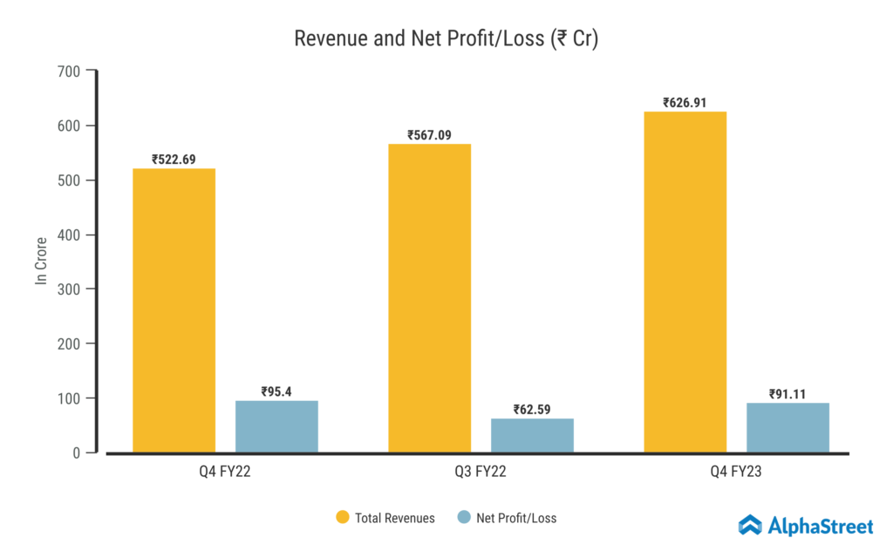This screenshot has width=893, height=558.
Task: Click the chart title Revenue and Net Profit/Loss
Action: click(x=446, y=39)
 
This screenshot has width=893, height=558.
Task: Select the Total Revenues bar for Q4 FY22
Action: click(x=174, y=310)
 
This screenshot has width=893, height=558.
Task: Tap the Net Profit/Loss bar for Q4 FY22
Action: click(x=276, y=426)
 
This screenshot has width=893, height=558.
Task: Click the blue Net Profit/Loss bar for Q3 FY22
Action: click(x=532, y=435)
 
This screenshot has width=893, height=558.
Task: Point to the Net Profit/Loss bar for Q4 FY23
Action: click(x=787, y=427)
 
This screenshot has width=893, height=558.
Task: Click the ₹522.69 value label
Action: click(x=174, y=160)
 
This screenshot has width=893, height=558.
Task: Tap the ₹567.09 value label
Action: click(x=429, y=135)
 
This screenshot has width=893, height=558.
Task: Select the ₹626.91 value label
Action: click(x=685, y=102)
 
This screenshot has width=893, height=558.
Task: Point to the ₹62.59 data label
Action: click(x=532, y=410)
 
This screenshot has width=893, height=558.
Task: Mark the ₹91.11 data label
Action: click(x=787, y=394)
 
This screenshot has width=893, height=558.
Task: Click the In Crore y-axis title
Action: click(x=41, y=262)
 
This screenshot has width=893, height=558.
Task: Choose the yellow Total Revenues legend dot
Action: click(x=343, y=518)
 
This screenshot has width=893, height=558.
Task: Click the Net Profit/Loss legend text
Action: click(x=516, y=518)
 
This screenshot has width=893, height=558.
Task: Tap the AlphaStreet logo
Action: click(x=805, y=525)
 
